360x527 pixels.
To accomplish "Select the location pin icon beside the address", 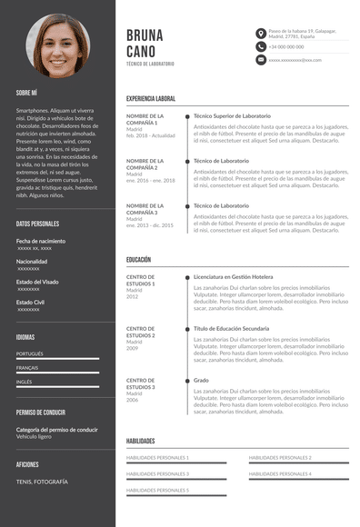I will point(261,33).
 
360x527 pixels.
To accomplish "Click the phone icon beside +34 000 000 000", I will point(261,46).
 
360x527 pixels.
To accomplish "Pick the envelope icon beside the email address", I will point(261,59).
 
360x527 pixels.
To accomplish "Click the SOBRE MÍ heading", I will point(26,93).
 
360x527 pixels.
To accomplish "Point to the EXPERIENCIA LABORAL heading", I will point(151,98).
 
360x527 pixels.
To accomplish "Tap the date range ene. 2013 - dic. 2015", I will point(150,224).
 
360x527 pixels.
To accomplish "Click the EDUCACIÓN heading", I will point(138,260).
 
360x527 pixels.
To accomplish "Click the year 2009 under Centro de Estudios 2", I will point(133,348).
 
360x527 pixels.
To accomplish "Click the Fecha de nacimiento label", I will point(41,241).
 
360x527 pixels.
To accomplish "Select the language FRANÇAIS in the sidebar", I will point(27,367).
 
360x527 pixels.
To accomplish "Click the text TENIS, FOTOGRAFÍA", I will point(42,481).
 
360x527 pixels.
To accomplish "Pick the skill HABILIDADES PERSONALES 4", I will point(280,473).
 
